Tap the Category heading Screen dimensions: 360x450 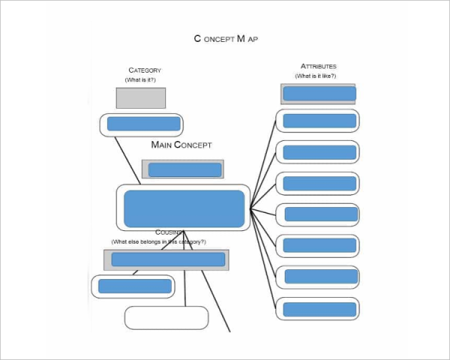tap(145, 70)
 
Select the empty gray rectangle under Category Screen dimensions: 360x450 tap(140, 97)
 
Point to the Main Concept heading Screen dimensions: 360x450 tap(181, 145)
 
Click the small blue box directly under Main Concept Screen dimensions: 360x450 tap(184, 169)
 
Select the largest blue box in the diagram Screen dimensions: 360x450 tap(184, 208)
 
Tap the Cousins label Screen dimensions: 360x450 tap(169, 232)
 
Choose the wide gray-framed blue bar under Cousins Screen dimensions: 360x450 tap(168, 259)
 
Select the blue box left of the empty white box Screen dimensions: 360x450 tap(134, 286)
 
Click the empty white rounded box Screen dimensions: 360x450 tap(166, 317)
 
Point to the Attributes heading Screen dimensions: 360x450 tap(318, 67)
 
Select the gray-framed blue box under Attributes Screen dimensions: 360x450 tap(318, 94)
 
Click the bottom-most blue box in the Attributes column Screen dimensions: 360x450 tap(319, 307)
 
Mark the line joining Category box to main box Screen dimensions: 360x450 tap(127, 160)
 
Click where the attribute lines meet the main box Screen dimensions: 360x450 tap(251, 208)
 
